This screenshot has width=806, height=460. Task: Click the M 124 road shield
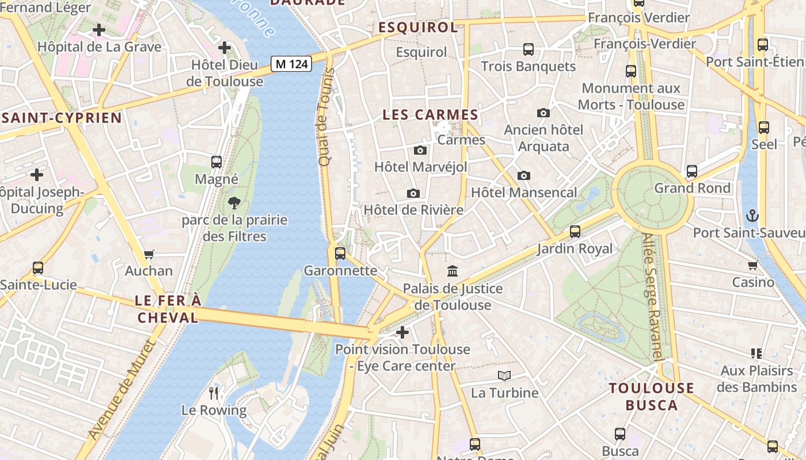coord(292,64)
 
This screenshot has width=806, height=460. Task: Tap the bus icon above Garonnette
coord(340,253)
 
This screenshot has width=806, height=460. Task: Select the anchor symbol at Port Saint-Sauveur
coord(752,216)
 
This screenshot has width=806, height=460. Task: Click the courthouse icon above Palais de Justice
coord(453,271)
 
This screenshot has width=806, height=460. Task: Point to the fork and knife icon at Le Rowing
coord(214,393)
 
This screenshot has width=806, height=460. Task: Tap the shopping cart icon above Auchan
coord(149,254)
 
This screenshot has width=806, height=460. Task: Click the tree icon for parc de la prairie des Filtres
coord(234,202)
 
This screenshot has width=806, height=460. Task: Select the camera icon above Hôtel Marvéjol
coord(420,151)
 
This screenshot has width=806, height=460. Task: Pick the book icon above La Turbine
coord(504,376)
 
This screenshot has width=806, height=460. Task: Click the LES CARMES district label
coord(431,115)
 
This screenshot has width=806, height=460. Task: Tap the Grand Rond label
coord(692,188)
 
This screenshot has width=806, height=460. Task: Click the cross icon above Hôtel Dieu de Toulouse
coord(225,47)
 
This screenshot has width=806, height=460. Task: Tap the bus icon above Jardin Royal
coord(575,232)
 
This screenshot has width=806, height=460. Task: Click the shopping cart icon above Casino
coord(752,265)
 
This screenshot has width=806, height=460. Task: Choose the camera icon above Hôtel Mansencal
coord(523,175)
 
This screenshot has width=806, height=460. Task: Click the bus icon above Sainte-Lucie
coord(38,267)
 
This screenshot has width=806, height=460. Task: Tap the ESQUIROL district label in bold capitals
coord(418,27)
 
